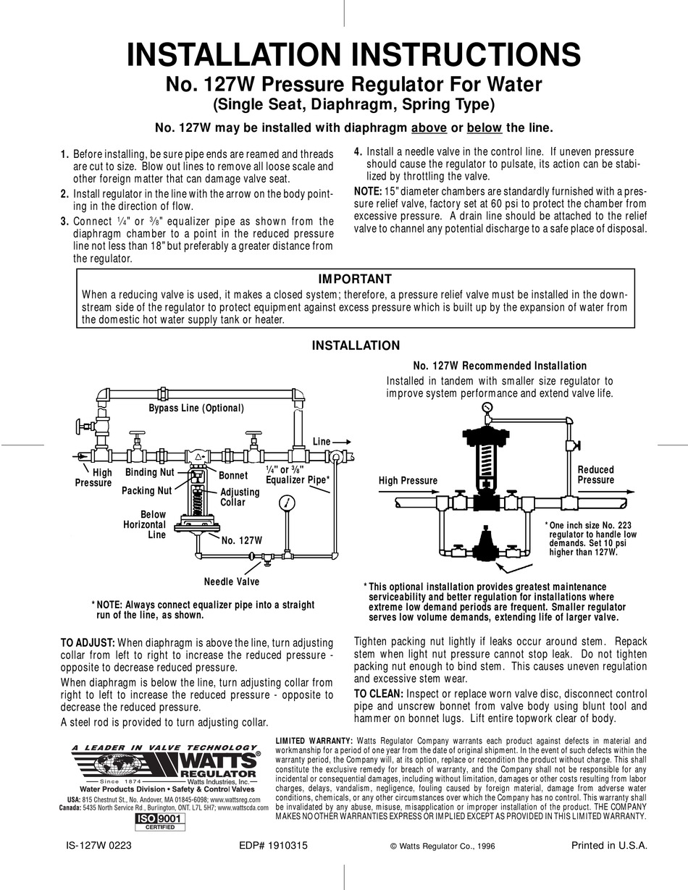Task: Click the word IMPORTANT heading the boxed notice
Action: tap(355, 279)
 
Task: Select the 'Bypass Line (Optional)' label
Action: tap(196, 408)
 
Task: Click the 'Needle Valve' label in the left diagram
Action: tap(231, 581)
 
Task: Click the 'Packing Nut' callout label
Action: tap(146, 490)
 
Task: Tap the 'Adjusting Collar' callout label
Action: tap(240, 497)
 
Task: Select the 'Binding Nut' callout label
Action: tap(150, 472)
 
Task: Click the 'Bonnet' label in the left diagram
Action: tap(233, 476)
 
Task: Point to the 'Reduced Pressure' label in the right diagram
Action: tap(595, 475)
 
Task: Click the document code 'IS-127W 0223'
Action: tap(98, 845)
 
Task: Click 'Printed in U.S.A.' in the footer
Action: tap(608, 845)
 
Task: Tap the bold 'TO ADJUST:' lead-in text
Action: tap(87, 642)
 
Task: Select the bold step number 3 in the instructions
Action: tap(64, 221)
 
